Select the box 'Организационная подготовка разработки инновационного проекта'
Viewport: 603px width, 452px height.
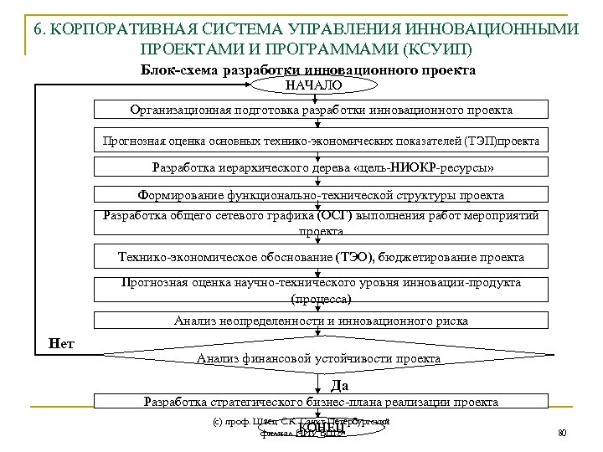(321, 110)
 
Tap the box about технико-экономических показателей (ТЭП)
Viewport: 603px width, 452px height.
(321, 140)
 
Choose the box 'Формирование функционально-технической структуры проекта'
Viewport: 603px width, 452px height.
(321, 195)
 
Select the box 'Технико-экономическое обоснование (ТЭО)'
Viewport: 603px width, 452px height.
(321, 257)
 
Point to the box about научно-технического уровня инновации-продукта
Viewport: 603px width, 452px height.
(321, 290)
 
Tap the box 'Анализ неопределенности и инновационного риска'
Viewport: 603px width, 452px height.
(321, 321)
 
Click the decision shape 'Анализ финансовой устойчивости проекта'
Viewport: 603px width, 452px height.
(318, 359)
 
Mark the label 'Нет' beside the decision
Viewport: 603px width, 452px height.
(61, 342)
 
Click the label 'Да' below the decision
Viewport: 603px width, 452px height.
(340, 385)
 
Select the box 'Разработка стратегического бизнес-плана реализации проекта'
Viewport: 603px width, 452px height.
(321, 403)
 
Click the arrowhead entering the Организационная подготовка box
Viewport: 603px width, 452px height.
(320, 99)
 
